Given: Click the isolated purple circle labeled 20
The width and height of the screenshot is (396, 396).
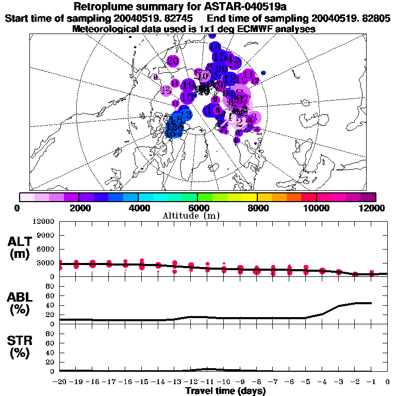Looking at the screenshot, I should [173, 61].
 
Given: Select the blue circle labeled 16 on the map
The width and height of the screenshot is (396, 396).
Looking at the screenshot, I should [214, 47].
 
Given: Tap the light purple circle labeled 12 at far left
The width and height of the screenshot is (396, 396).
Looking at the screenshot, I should [166, 90].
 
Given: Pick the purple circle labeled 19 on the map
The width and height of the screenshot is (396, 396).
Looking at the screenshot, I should [188, 85].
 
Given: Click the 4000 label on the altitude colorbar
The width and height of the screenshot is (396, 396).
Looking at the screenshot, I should [138, 208].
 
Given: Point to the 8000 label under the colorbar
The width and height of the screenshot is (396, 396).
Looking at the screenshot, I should [256, 208].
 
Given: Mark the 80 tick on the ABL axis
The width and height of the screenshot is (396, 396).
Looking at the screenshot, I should [51, 296].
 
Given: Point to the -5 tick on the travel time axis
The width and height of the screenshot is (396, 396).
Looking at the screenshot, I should [306, 382].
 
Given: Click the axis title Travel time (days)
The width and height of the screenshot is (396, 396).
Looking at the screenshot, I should [225, 391].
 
